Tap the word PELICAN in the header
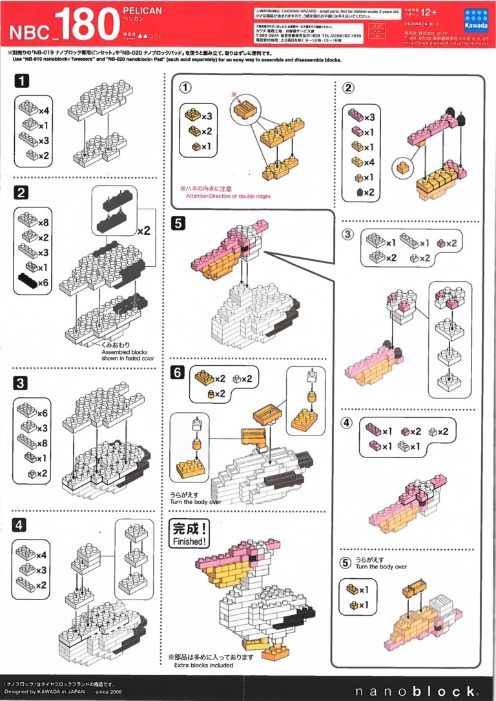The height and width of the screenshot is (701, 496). pyautogui.click(x=142, y=12)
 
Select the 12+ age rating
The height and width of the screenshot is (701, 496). pyautogui.click(x=429, y=12)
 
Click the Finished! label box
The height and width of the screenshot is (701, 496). pyautogui.click(x=189, y=534)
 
